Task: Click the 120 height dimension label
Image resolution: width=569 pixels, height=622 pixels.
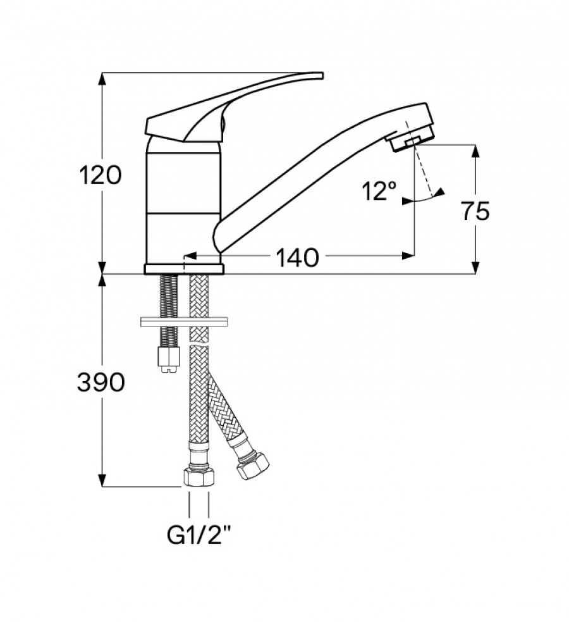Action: click(99, 174)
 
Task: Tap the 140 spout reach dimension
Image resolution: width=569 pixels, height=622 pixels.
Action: click(296, 258)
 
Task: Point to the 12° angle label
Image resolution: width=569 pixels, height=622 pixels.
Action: click(379, 190)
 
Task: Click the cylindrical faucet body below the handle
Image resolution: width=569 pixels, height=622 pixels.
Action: click(183, 202)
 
